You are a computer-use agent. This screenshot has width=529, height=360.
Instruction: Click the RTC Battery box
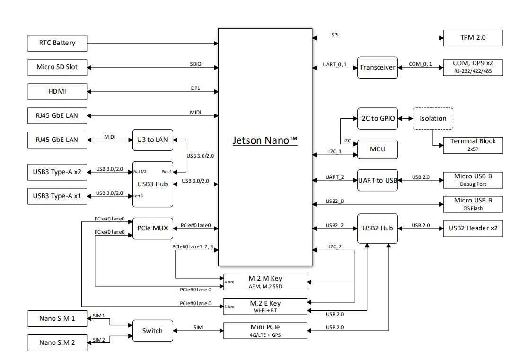(x=57, y=43)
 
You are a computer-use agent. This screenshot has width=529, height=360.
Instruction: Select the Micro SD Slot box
(x=57, y=68)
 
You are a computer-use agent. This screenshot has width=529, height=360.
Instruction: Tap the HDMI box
(x=57, y=91)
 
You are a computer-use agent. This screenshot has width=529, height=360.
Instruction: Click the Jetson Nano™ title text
(x=265, y=140)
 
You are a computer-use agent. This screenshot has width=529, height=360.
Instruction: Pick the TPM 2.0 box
(x=473, y=38)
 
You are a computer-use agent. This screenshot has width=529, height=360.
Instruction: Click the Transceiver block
(x=378, y=68)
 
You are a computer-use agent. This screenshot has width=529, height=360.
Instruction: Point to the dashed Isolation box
(x=433, y=118)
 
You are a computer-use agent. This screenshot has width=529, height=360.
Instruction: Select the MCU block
(x=378, y=149)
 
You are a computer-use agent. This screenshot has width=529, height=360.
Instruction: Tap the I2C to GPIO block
(x=378, y=118)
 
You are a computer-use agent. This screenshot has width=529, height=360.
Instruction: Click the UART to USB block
(x=378, y=180)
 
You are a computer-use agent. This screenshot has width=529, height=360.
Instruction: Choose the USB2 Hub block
(x=378, y=228)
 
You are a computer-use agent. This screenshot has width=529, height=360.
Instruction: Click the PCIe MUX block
(x=152, y=228)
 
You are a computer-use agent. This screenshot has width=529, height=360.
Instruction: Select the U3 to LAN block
(x=152, y=140)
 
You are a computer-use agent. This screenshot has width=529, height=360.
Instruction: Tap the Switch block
(x=152, y=331)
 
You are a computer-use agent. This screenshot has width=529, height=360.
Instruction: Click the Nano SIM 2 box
(x=57, y=343)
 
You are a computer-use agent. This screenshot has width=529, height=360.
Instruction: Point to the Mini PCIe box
(x=265, y=331)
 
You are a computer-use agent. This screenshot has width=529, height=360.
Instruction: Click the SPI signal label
(x=335, y=35)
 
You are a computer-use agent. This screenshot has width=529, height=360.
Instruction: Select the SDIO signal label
(x=196, y=64)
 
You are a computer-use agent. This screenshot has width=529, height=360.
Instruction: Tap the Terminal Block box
(x=473, y=145)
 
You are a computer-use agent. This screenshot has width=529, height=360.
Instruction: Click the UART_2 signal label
(x=335, y=177)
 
